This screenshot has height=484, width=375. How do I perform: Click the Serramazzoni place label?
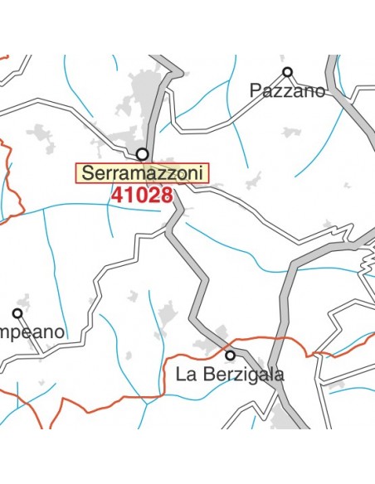point(143,173)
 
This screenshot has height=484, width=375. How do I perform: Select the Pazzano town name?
point(288,91)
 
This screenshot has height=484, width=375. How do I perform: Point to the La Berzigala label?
point(230,375)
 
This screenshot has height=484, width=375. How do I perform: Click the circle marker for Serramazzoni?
point(143,154)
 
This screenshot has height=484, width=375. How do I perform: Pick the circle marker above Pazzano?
point(288,72)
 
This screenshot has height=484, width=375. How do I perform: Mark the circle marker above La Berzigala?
point(230,355)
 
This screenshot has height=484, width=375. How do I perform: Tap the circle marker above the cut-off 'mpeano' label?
point(17,313)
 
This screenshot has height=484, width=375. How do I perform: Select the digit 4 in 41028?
point(117,195)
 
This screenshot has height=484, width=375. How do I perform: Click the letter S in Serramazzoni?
point(88,173)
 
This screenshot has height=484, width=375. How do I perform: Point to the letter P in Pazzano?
point(256,91)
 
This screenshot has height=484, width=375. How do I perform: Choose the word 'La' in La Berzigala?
point(184,375)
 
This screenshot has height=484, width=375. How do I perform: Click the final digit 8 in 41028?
point(166,195)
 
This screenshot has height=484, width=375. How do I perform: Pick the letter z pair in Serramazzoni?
point(165,173)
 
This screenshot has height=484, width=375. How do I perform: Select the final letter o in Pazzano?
point(319,91)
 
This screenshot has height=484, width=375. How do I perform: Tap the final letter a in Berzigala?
point(279,375)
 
